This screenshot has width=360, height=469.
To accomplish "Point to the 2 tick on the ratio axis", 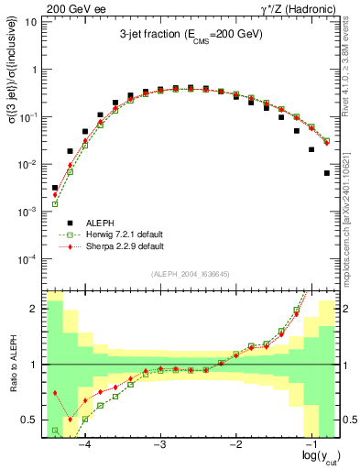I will tap(36, 309).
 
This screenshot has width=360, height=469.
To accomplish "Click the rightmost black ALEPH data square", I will tap(327, 173).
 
